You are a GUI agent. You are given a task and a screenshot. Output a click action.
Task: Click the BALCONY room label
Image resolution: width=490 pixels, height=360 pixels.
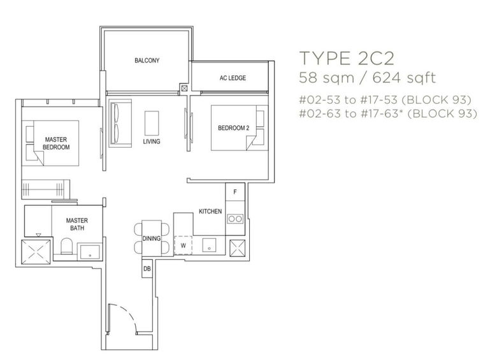pyautogui.click(x=147, y=61)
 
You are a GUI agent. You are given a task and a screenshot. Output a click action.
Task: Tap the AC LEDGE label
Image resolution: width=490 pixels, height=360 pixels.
pyautogui.click(x=233, y=78)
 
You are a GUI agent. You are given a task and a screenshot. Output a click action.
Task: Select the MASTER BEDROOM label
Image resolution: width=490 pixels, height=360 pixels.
pyautogui.click(x=56, y=143)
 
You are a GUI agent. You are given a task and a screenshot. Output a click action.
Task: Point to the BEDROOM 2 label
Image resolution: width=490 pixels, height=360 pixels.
pyautogui.click(x=233, y=128)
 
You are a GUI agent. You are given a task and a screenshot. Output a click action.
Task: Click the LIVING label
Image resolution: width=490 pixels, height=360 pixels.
pyautogui.click(x=152, y=141)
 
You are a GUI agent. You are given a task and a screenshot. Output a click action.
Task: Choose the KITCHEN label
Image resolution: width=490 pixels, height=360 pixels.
pyautogui.click(x=210, y=212)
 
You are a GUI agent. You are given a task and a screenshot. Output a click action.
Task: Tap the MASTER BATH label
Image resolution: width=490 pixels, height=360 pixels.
pyautogui.click(x=76, y=224)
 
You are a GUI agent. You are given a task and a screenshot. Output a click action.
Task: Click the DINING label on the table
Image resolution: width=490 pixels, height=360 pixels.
pyautogui.click(x=150, y=238)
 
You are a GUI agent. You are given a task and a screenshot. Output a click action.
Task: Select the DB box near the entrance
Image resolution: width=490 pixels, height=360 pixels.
pyautogui.click(x=147, y=270)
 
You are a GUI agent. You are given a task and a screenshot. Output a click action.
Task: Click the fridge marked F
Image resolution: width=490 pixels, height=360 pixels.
pyautogui.click(x=235, y=192)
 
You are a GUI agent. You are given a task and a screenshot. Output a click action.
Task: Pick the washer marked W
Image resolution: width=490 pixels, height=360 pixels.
pyautogui.click(x=183, y=245)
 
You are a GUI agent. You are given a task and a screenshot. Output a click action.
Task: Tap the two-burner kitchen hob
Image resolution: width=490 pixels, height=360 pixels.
pyautogui.click(x=235, y=219)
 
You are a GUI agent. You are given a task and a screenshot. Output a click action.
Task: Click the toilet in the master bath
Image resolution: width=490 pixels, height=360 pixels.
pyautogui.click(x=66, y=248)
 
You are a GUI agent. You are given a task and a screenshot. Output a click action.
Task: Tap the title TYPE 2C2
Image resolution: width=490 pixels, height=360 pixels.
pyautogui.click(x=347, y=59)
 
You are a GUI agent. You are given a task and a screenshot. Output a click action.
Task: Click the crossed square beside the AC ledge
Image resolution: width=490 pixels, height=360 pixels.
pyautogui.click(x=185, y=89)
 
